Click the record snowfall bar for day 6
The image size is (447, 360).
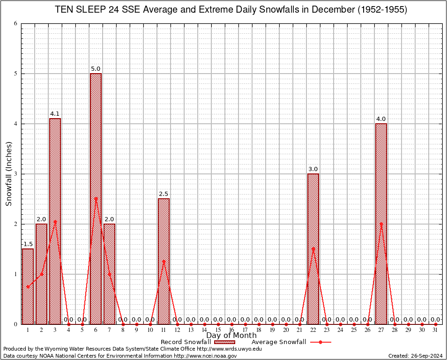[96, 199]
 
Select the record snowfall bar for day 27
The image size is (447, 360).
[381, 224]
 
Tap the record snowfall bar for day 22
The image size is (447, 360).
[313, 249]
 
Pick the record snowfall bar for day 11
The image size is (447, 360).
[164, 261]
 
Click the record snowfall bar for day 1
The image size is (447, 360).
[28, 286]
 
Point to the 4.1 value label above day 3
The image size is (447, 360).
[55, 114]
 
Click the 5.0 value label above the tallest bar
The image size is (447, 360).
[96, 69]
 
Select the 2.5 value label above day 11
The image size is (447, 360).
[164, 194]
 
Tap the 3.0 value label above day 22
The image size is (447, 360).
[313, 169]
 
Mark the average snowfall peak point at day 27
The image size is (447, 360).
[381, 224]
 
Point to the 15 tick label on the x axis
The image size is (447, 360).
[218, 330]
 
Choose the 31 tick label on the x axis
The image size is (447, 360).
[435, 330]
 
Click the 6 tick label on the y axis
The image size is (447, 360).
[16, 24]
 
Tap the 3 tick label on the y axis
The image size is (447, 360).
[16, 174]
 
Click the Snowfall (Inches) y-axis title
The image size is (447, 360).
[9, 174]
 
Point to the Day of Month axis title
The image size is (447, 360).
[231, 336]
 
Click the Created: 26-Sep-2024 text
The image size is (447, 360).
[415, 356]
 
